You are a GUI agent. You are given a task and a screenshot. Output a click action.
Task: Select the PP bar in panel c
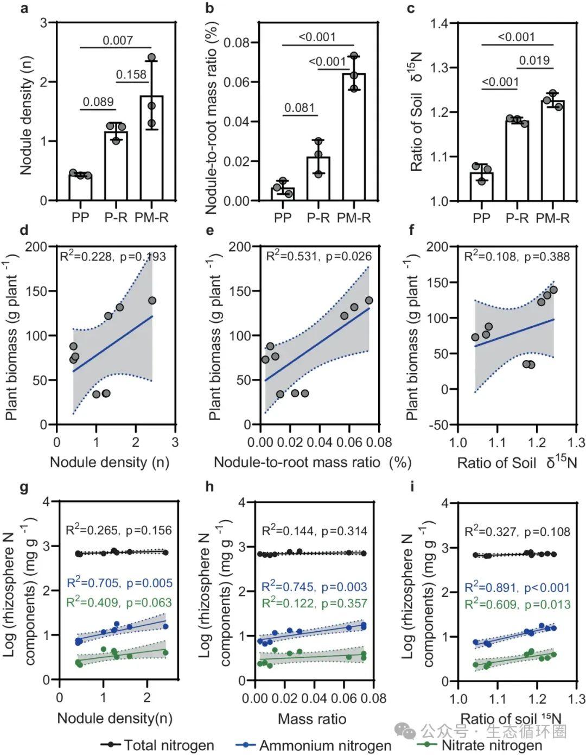481,187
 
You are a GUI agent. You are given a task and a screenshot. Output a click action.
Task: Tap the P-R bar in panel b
318,179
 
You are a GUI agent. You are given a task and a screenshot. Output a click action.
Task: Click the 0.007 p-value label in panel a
118,40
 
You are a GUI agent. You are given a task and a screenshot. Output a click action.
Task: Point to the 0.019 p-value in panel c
534,60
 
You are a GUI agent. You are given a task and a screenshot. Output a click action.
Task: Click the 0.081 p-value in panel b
300,107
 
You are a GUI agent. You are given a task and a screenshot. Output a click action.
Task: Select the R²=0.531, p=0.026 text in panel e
319,256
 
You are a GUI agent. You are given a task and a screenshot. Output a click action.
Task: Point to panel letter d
24,230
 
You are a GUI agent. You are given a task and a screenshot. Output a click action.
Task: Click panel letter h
209,486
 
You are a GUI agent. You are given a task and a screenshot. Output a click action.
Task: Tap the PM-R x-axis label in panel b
354,218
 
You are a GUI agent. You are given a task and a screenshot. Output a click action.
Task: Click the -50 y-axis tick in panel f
437,425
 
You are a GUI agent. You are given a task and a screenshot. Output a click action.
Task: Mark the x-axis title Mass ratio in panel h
312,719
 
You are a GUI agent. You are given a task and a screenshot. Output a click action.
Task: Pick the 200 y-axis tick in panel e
239,247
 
